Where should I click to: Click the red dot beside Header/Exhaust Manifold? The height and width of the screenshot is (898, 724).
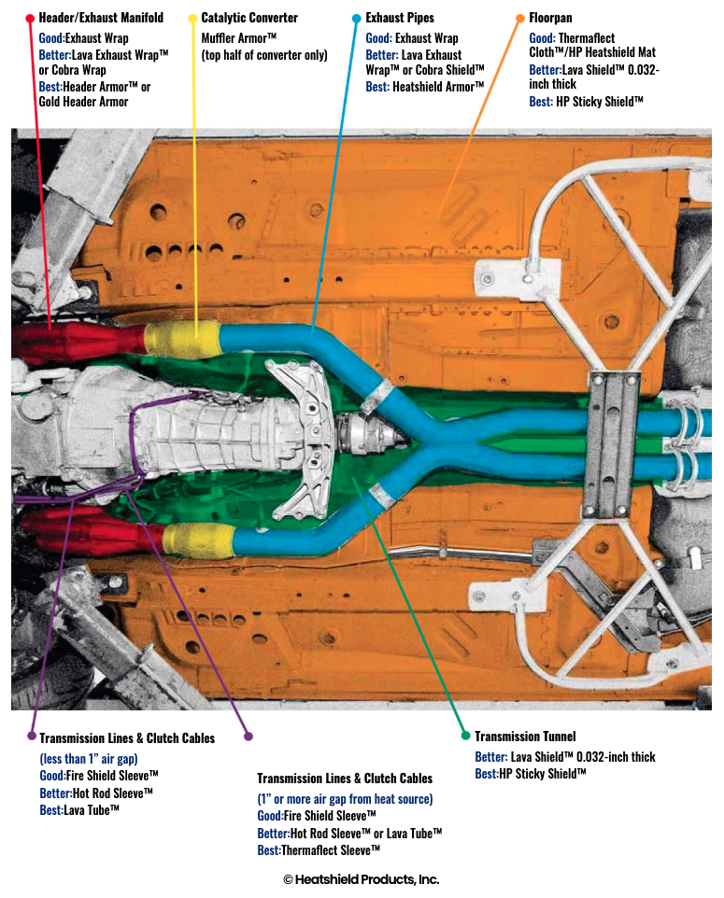30,19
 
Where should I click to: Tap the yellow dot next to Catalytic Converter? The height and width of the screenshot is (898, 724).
192,19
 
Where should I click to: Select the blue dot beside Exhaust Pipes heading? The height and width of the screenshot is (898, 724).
356,19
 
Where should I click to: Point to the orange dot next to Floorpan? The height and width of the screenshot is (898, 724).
520,19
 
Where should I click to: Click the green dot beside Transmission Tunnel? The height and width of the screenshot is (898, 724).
465,736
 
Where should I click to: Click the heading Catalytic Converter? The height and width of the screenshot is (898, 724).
249,18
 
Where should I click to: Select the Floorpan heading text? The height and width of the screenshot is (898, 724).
550,18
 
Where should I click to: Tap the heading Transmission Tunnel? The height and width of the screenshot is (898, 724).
525,737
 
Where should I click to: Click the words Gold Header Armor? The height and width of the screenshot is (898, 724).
83,102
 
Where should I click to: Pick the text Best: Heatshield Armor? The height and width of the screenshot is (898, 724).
425,87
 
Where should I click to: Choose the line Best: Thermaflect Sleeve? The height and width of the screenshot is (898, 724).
319,850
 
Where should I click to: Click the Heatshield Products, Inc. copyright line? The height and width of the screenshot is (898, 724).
362,879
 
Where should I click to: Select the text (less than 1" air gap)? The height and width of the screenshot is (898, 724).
88,759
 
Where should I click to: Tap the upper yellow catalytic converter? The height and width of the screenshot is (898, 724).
182,339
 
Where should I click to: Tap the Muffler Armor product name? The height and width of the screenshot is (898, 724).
238,38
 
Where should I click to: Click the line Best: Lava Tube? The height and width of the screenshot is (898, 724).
79,810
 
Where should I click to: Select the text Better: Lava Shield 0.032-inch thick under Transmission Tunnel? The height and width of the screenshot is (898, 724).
564,757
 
